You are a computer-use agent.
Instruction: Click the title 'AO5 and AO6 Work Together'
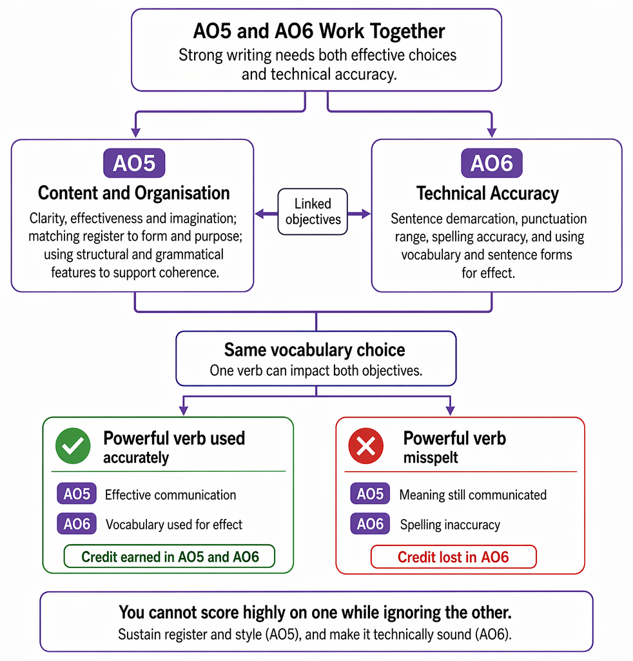(318, 31)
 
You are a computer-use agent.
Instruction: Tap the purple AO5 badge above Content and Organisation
(134, 163)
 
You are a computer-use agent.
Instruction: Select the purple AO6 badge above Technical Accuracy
(492, 163)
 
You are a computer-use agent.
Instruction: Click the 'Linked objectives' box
(313, 212)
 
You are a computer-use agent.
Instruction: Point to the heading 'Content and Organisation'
(134, 193)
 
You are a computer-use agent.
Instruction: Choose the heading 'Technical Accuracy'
(488, 194)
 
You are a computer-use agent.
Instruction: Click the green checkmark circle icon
(73, 446)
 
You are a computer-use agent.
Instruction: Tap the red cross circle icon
(366, 446)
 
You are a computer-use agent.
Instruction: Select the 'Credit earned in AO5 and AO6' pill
(170, 556)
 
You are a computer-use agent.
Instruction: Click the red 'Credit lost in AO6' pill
(453, 557)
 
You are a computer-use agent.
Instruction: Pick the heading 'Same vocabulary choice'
(315, 350)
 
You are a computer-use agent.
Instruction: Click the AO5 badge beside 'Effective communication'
(77, 494)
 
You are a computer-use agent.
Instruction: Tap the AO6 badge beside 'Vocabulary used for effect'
(77, 524)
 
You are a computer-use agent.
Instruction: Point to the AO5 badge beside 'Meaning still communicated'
(370, 494)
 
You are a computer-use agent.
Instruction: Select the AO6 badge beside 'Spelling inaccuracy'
(370, 524)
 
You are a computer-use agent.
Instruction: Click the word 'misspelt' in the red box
(431, 458)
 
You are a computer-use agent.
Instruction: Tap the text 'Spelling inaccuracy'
(450, 524)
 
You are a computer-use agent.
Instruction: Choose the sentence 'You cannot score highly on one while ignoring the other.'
(315, 613)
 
